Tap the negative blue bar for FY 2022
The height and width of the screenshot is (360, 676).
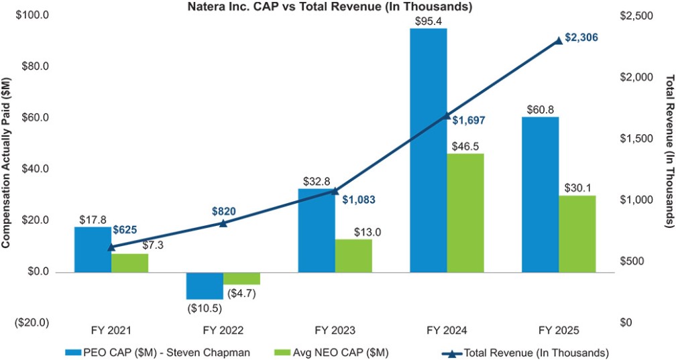[x=205, y=286]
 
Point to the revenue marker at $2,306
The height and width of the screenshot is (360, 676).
[x=559, y=40]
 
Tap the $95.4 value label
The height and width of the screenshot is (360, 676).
[x=429, y=21]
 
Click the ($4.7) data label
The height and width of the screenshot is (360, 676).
[x=241, y=293]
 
